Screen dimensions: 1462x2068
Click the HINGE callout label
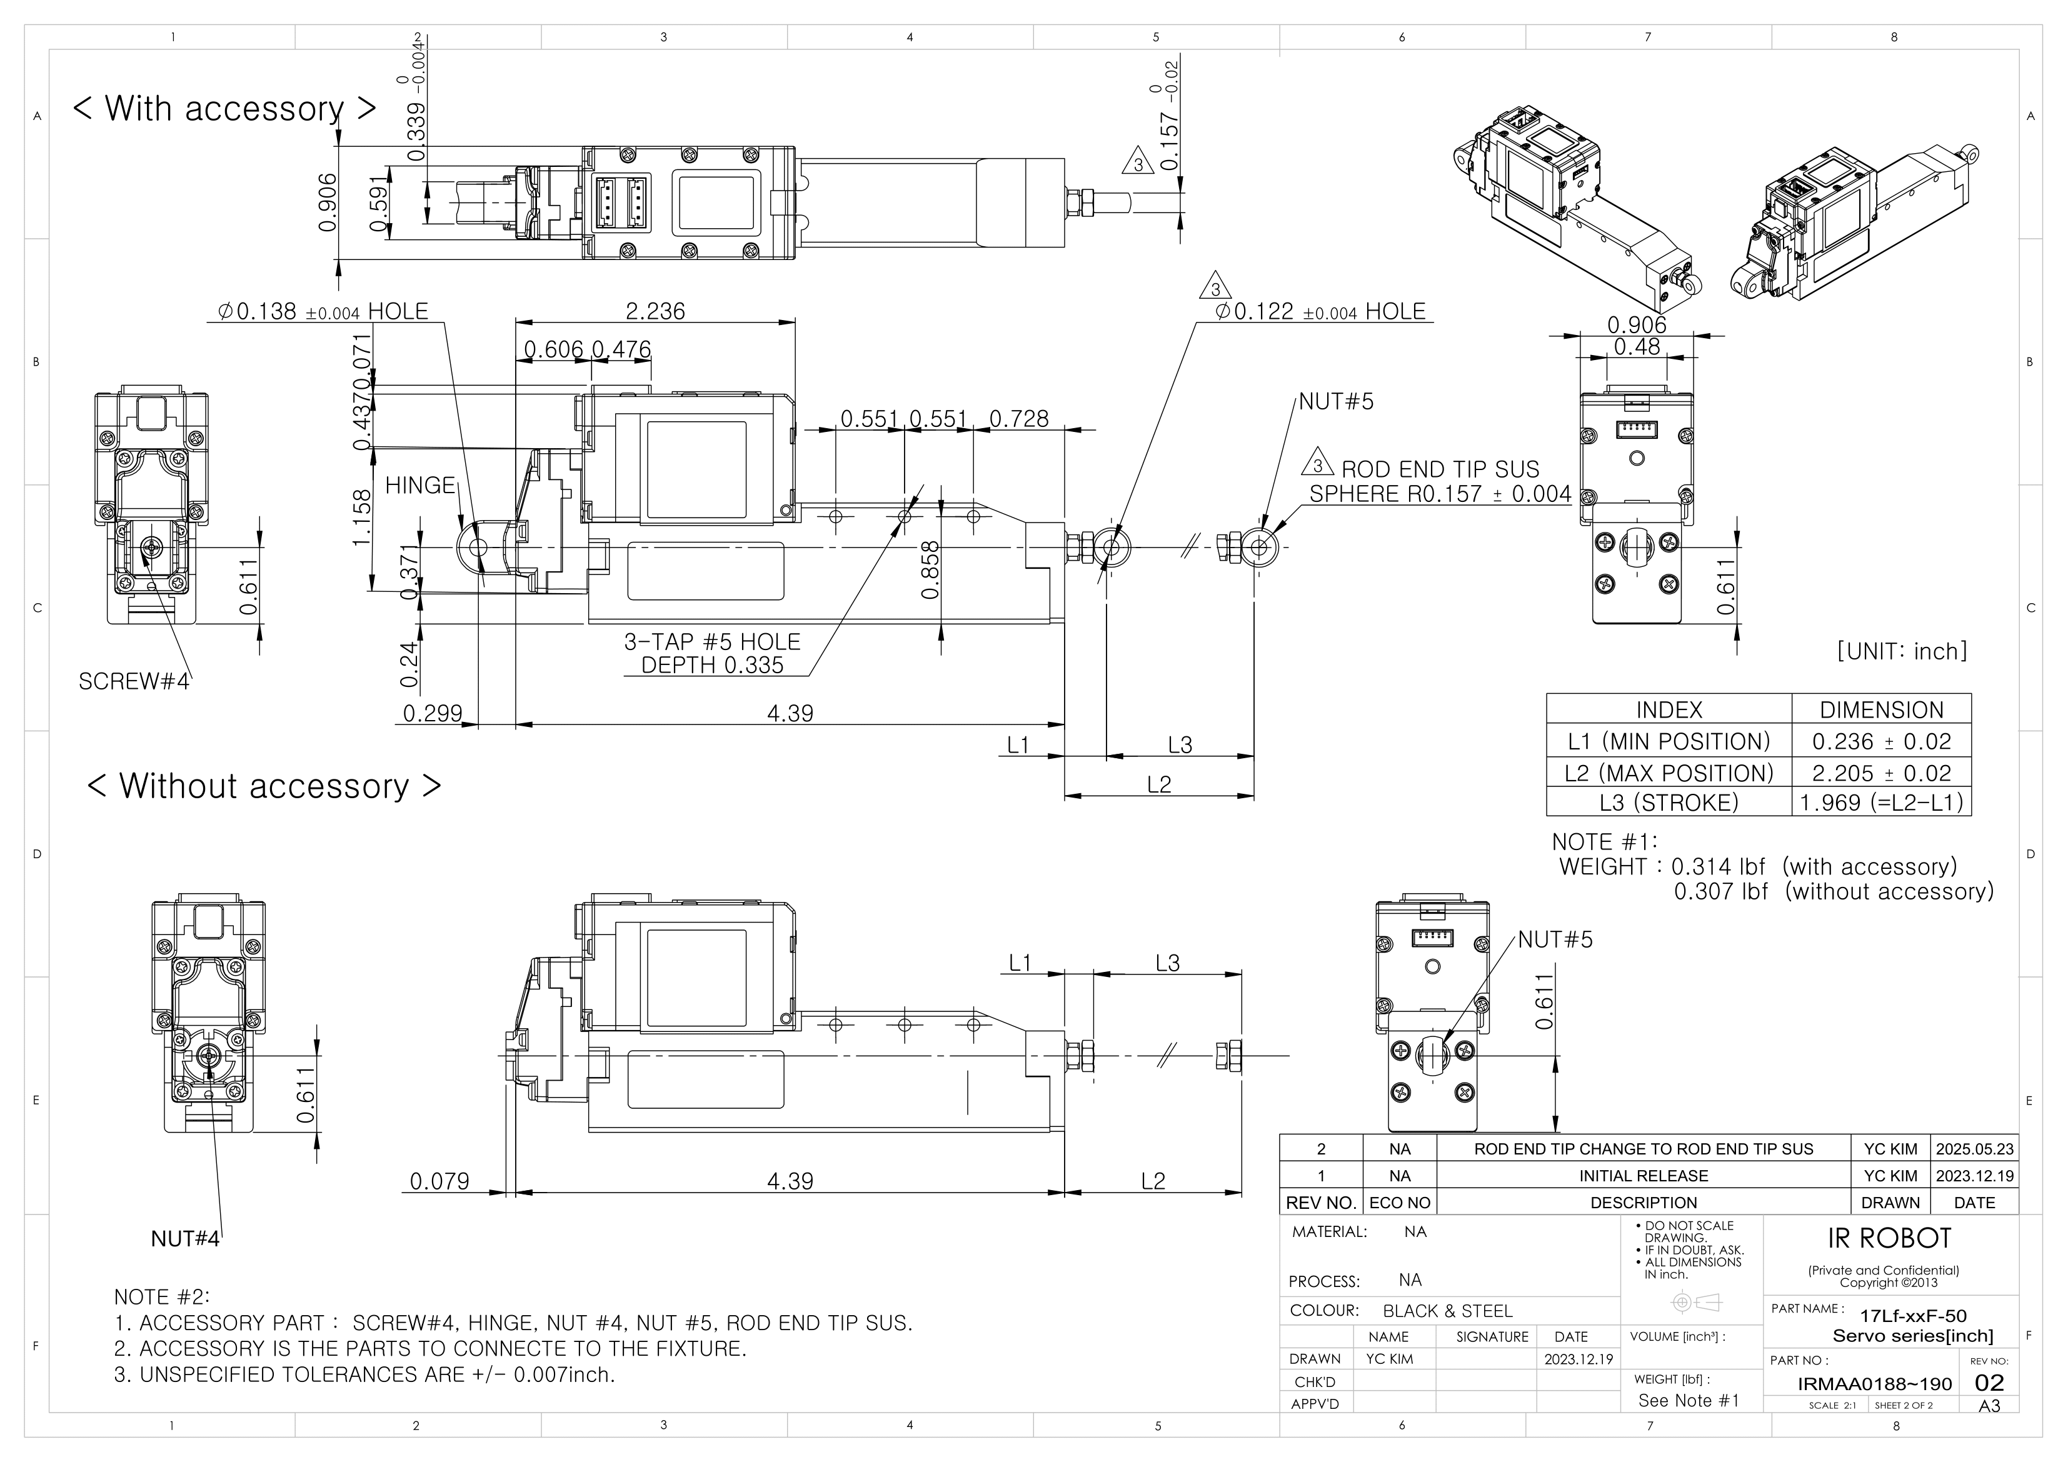click(419, 486)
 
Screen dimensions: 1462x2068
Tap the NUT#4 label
click(184, 1239)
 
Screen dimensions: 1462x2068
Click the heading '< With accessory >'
click(224, 108)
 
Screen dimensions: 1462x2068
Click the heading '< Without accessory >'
click(264, 786)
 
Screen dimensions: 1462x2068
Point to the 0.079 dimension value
click(439, 1181)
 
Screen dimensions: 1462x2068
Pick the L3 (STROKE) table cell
click(1668, 803)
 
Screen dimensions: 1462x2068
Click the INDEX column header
click(1668, 710)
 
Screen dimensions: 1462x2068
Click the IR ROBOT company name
click(1889, 1239)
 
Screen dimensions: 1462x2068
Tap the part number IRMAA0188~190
click(1874, 1384)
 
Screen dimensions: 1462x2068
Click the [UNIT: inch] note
click(1901, 651)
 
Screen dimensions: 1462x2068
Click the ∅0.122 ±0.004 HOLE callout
click(1320, 312)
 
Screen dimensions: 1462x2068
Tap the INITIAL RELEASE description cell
click(1643, 1176)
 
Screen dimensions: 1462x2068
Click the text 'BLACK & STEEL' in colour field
click(1447, 1311)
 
